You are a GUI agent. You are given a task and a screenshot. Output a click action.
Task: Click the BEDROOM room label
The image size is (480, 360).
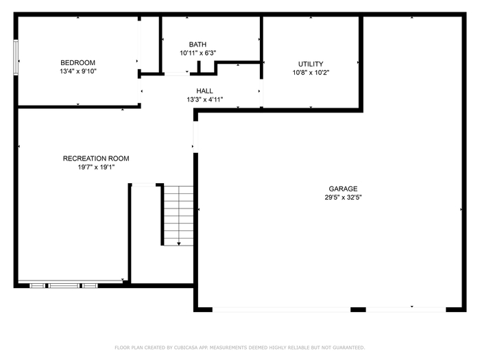(x=77, y=63)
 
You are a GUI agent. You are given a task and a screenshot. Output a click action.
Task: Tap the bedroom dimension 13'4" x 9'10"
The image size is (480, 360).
(x=78, y=71)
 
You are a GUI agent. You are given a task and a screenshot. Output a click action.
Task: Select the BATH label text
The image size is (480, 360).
(x=197, y=45)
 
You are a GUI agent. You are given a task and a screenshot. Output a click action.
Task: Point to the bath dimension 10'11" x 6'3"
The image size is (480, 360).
(x=197, y=53)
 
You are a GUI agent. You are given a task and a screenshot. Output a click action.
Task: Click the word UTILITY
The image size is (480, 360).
(x=311, y=64)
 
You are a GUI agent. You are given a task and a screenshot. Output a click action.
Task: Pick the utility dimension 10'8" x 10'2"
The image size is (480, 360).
(x=311, y=73)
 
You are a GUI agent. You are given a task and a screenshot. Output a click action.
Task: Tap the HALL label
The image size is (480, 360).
(x=204, y=91)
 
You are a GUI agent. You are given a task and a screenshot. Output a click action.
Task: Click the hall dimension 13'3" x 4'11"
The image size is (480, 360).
(x=205, y=99)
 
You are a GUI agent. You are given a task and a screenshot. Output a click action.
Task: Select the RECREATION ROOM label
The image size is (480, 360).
(x=96, y=158)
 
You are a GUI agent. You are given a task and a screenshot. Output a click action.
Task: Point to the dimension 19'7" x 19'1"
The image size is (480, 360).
(x=96, y=167)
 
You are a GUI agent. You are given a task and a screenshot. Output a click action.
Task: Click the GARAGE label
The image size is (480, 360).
(x=343, y=189)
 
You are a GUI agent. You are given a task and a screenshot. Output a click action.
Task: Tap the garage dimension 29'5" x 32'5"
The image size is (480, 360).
(x=343, y=197)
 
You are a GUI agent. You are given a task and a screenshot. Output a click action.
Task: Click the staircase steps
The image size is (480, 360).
(x=179, y=215)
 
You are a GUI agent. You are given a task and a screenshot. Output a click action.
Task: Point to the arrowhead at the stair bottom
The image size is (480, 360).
(x=179, y=243)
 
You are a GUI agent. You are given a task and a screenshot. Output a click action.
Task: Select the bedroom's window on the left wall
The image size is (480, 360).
(x=16, y=57)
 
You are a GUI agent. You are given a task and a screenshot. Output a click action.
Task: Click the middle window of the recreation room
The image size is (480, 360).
(x=64, y=286)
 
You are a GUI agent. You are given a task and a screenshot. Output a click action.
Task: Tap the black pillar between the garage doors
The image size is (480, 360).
(x=358, y=309)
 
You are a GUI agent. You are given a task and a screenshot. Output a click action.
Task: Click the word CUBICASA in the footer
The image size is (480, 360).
(x=186, y=348)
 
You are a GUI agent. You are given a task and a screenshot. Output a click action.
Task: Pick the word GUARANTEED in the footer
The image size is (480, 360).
(x=348, y=348)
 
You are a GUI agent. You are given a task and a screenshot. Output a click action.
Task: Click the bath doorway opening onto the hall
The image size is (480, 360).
(x=177, y=74)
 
